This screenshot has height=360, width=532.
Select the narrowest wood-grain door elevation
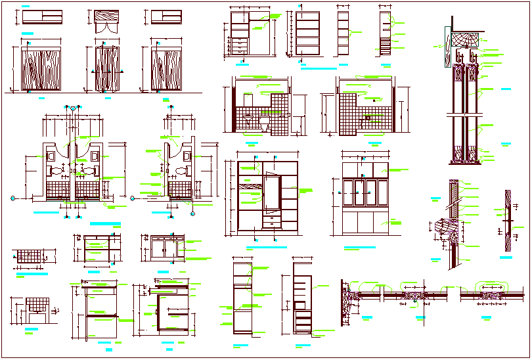coord(105,70)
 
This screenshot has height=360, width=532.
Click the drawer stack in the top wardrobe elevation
coord(240,46)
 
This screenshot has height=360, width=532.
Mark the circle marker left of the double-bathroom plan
coord(14,197)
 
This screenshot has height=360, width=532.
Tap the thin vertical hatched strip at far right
coord(508,221)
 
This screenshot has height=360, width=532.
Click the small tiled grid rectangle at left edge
coord(30,258)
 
